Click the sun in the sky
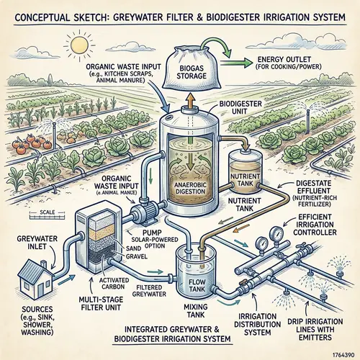pyautogui.click(x=76, y=44)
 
